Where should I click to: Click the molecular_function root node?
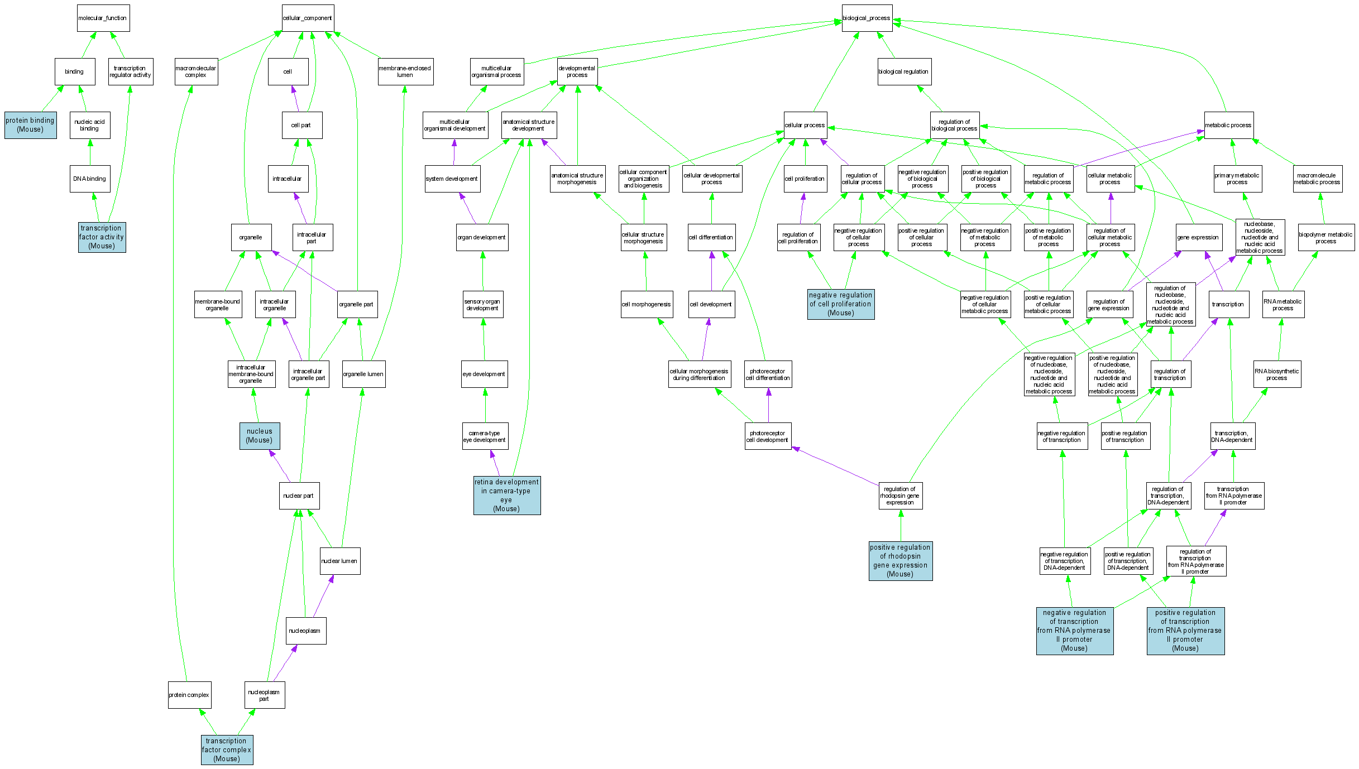pos(103,18)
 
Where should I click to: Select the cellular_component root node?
pos(308,18)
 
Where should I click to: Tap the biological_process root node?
pos(867,18)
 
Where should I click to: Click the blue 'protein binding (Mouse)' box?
pos(30,125)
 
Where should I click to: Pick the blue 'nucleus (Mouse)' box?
pos(260,436)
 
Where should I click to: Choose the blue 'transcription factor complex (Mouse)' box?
pos(227,750)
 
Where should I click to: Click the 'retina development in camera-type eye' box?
pos(506,496)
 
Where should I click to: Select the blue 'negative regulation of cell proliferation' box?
pos(840,304)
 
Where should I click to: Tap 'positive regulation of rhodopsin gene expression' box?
pos(900,561)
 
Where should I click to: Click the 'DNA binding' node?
pos(90,179)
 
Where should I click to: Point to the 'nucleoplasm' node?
pos(305,631)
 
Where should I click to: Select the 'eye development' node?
pos(484,374)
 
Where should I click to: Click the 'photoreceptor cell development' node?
pos(767,436)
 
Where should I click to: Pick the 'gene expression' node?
pos(1198,237)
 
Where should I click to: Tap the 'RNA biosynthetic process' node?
pos(1276,374)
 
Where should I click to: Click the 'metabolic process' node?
pos(1228,125)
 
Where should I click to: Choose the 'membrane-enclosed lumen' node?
pos(405,71)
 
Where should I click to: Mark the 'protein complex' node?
pos(189,695)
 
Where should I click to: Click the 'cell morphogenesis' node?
pos(646,304)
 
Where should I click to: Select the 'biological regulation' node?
pos(903,71)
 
